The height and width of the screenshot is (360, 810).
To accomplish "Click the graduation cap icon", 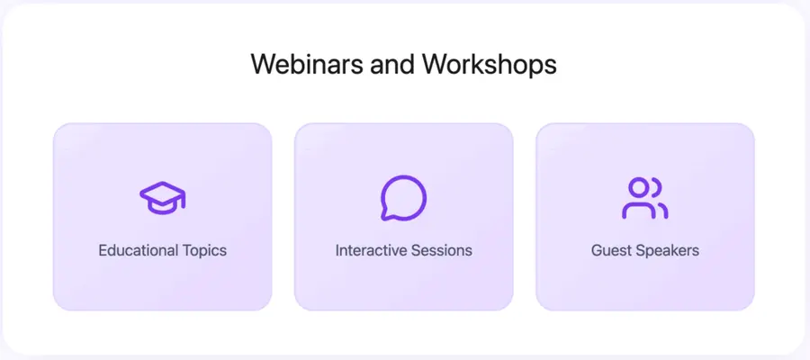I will pos(162,196).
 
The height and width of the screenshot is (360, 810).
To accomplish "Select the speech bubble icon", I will pos(403,197).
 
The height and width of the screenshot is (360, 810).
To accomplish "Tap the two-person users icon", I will pos(644,197).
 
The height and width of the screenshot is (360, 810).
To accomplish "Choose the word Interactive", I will pos(371,250).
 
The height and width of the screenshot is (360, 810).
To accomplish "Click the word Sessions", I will pos(441,250).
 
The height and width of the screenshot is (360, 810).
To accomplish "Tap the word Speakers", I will pos(667,250).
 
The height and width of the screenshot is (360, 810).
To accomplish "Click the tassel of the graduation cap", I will pos(183,202).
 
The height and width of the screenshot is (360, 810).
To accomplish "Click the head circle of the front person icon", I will pos(638,187).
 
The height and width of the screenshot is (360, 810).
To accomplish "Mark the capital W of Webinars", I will pos(262,64).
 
